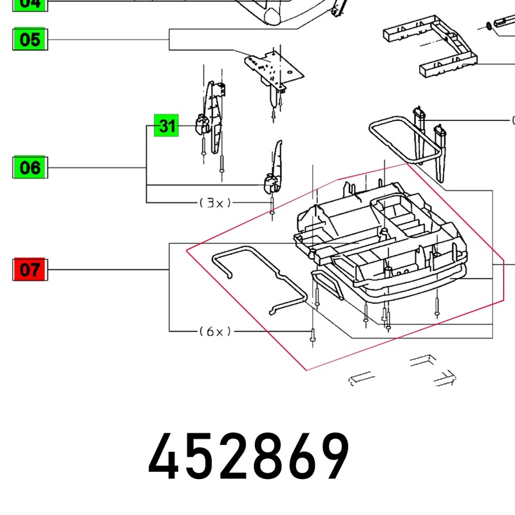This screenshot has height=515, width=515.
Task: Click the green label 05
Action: (30, 40)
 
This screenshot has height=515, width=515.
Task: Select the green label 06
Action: (30, 168)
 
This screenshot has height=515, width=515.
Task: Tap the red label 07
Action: (30, 269)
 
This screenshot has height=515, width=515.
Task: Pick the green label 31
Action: (167, 126)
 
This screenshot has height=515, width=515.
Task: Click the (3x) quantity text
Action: (215, 203)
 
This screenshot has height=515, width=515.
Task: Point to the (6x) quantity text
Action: (215, 332)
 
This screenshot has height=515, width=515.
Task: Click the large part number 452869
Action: (249, 456)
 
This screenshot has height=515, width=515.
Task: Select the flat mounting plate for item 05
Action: (273, 70)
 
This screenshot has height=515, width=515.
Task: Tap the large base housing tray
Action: (380, 245)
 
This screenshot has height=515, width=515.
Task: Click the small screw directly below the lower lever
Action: (273, 209)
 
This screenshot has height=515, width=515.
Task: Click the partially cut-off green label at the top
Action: (30, 3)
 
